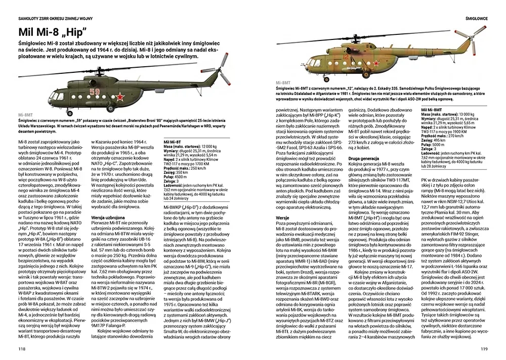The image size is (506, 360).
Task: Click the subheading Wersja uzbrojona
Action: pyautogui.click(x=107, y=217)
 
